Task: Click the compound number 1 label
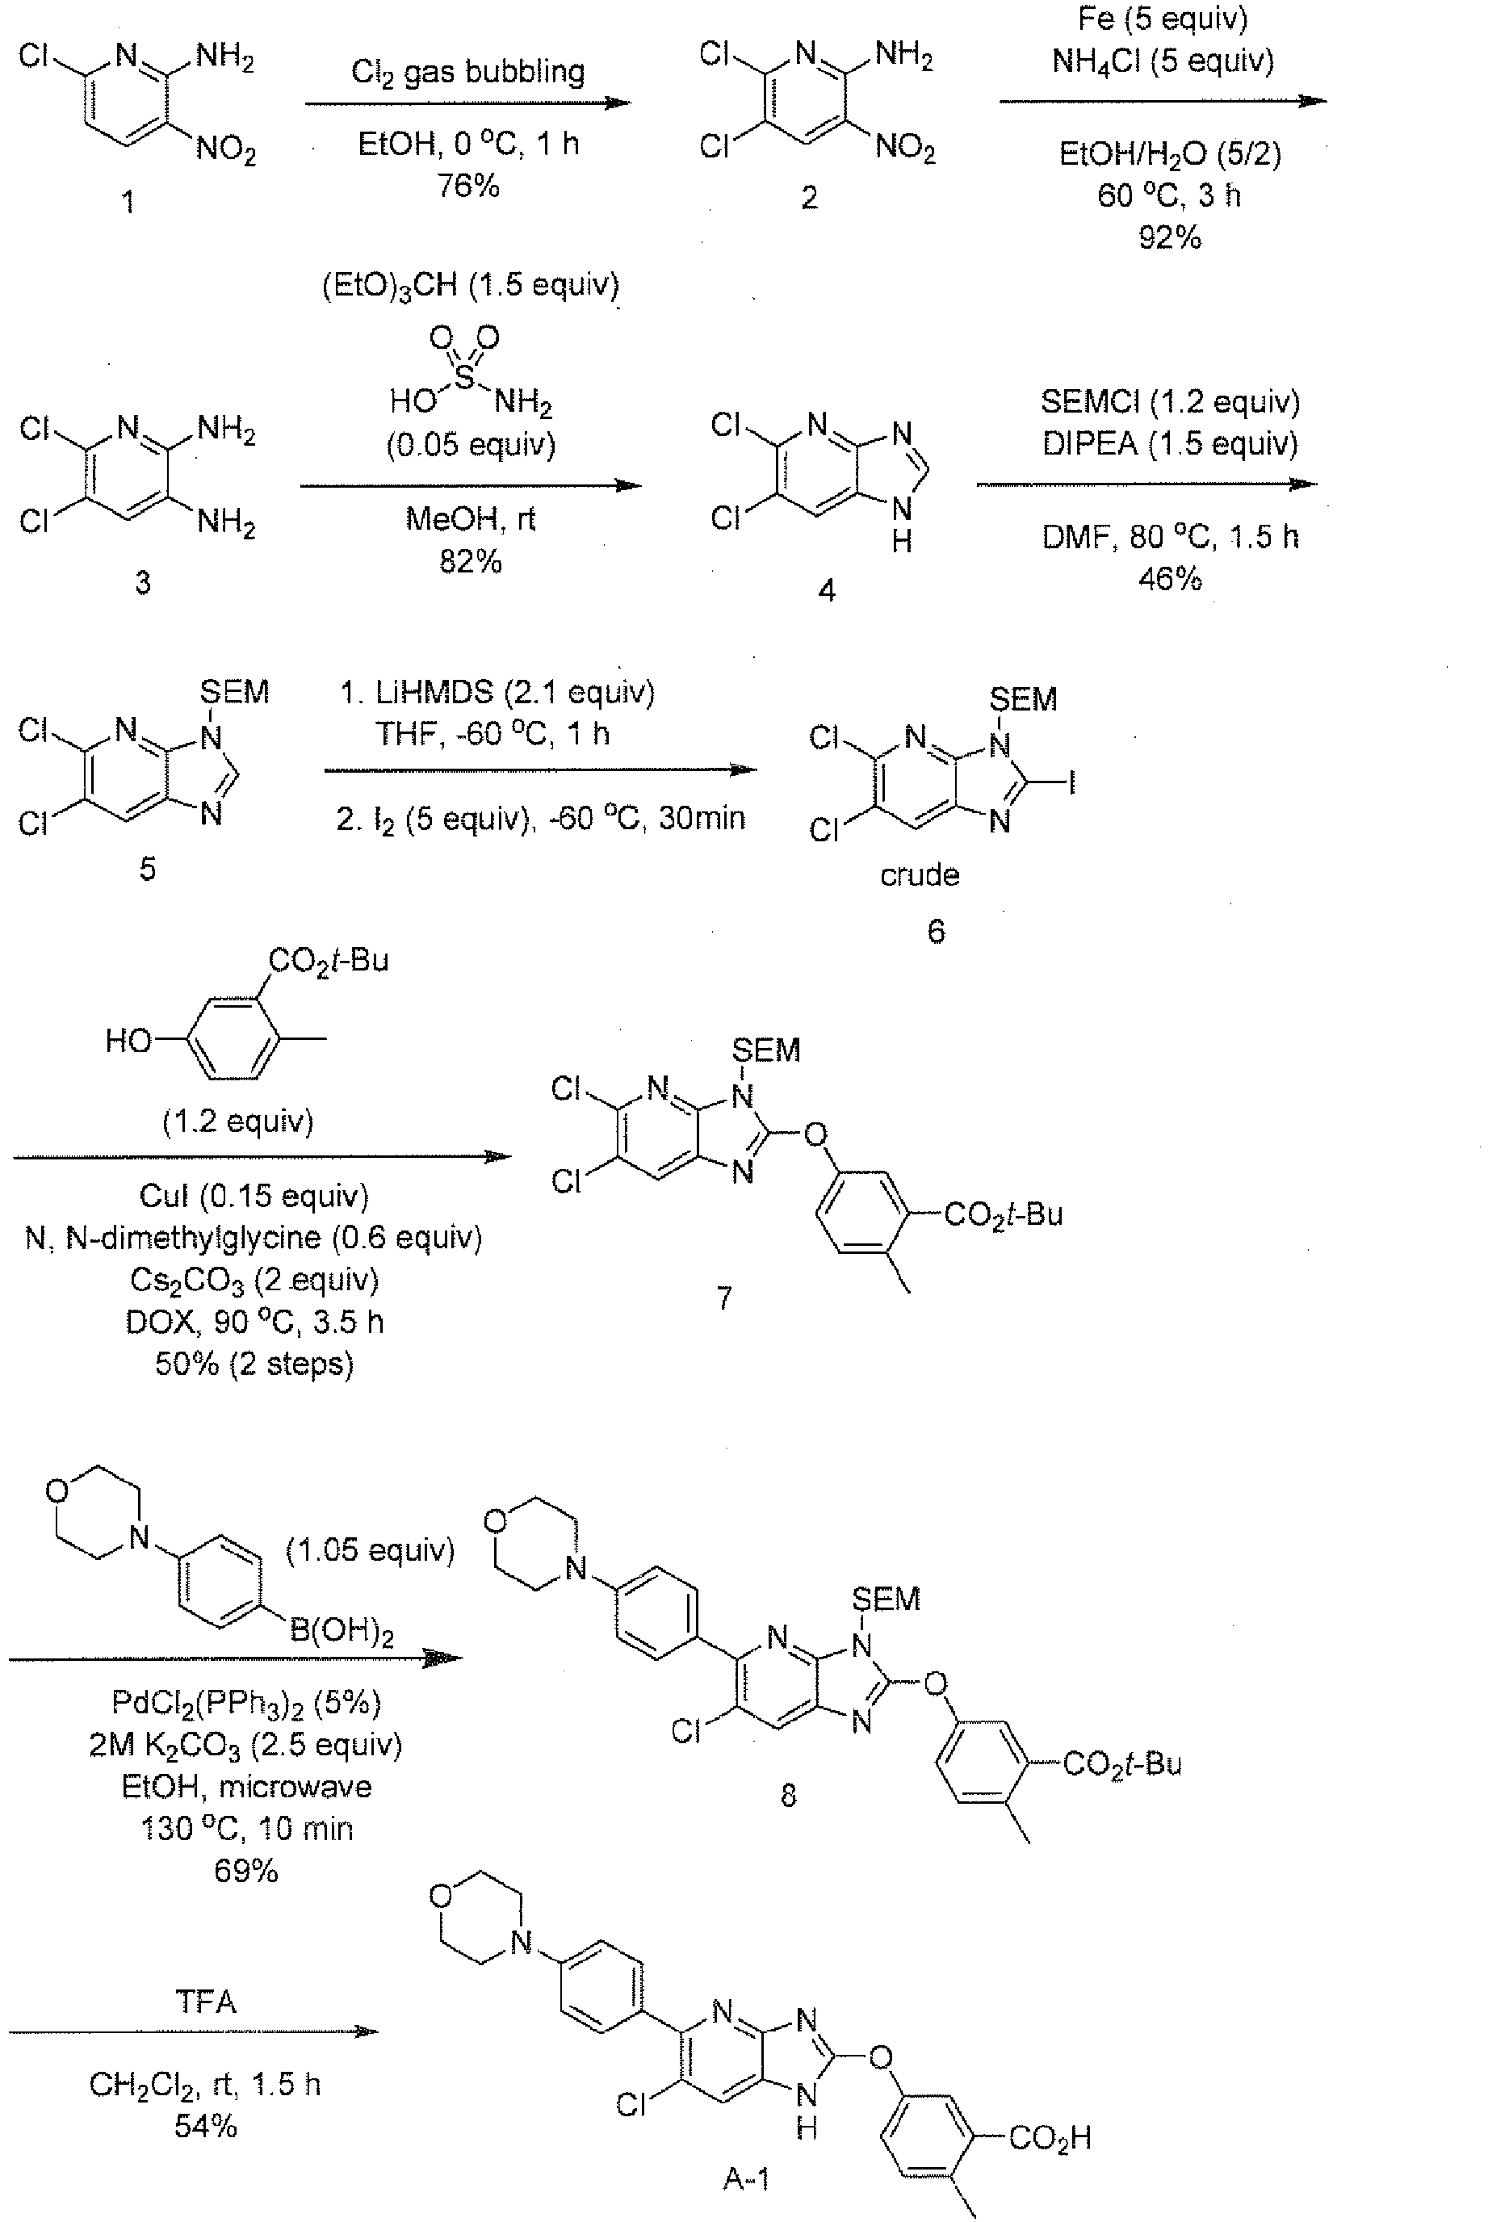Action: click(128, 201)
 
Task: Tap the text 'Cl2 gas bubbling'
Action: click(467, 72)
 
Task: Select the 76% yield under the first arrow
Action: click(467, 185)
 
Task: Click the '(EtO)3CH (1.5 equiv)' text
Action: click(471, 286)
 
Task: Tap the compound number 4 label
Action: click(827, 590)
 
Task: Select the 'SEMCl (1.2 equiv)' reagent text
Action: click(1170, 401)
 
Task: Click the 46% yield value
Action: click(1169, 579)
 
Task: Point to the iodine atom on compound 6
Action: click(1072, 782)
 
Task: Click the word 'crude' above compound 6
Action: click(920, 874)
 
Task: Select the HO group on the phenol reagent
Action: click(128, 1041)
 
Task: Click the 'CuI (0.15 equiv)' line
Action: click(254, 1196)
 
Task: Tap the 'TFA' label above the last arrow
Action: click(206, 2002)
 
